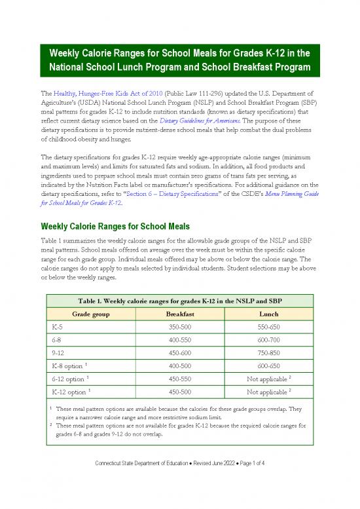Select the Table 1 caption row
(x=179, y=300)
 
